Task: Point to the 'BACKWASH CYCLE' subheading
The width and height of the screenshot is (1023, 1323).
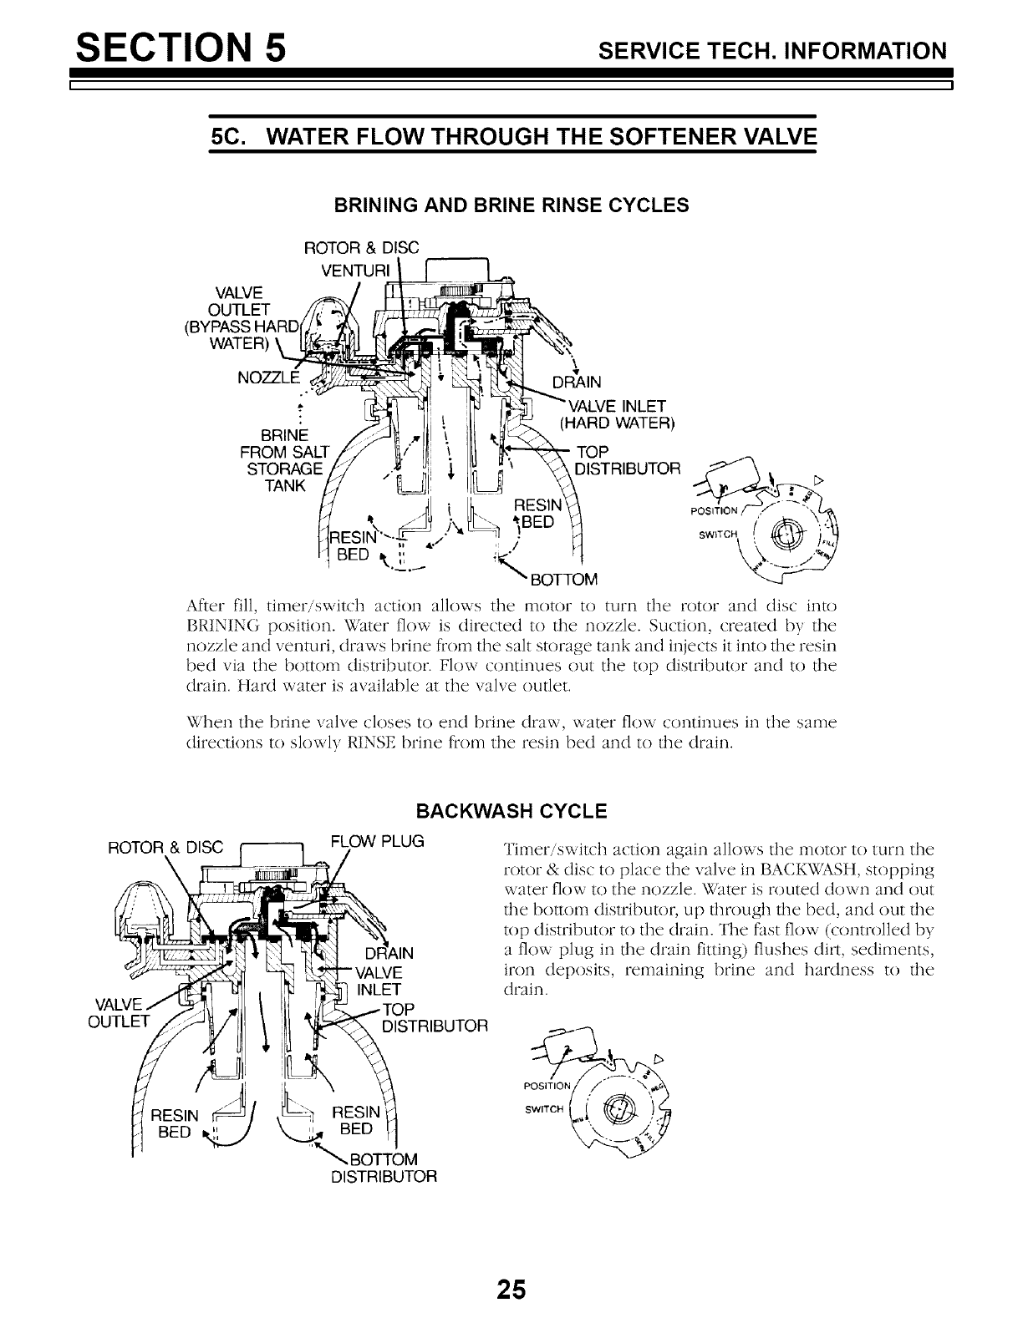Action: tap(511, 810)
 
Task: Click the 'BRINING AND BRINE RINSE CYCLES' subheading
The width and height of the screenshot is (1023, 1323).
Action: tap(511, 205)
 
